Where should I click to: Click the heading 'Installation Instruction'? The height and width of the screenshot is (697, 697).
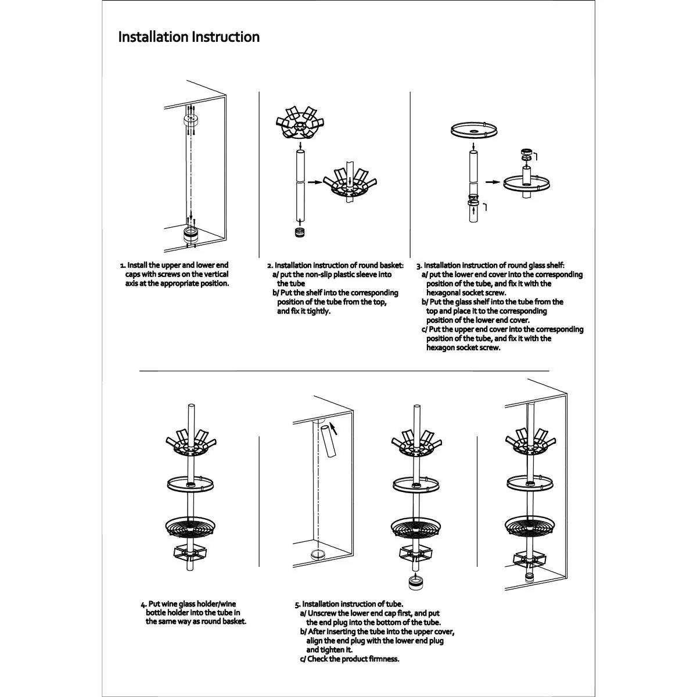pos(189,37)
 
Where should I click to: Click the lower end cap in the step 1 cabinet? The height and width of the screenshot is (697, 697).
pos(191,234)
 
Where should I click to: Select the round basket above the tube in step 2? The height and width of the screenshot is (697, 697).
pos(298,124)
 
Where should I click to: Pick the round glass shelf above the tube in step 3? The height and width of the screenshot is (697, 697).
pos(473,128)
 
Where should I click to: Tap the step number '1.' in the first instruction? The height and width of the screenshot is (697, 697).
pos(123,265)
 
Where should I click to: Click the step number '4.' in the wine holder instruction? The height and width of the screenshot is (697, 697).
pos(143,603)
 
